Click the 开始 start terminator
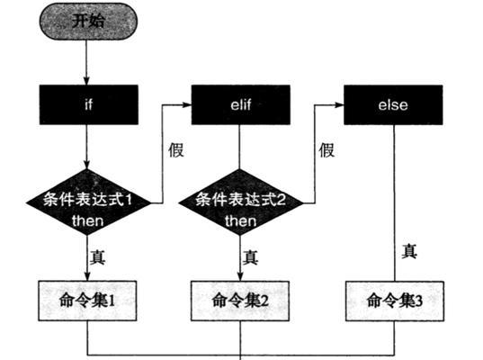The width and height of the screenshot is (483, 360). pyautogui.click(x=88, y=22)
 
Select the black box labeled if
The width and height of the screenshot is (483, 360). pyautogui.click(x=89, y=104)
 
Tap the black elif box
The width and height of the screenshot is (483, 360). pyautogui.click(x=240, y=104)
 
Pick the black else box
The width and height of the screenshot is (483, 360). pyautogui.click(x=393, y=104)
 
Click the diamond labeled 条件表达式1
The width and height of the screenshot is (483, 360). pyautogui.click(x=88, y=202)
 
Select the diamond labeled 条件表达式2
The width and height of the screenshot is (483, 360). pyautogui.click(x=240, y=202)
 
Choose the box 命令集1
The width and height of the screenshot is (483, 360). pyautogui.click(x=87, y=301)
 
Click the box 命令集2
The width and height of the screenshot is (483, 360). pyautogui.click(x=240, y=301)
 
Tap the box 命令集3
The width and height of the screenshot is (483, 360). pyautogui.click(x=395, y=301)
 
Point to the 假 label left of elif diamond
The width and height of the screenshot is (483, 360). pyautogui.click(x=176, y=150)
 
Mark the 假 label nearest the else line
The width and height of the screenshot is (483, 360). pyautogui.click(x=326, y=150)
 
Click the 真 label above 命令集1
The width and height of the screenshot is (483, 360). pyautogui.click(x=98, y=257)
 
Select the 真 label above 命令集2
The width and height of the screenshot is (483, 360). pyautogui.click(x=250, y=257)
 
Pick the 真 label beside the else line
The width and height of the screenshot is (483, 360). pyautogui.click(x=409, y=251)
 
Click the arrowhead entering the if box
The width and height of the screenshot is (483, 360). pyautogui.click(x=86, y=81)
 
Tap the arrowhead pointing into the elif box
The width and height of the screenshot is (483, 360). pyautogui.click(x=187, y=104)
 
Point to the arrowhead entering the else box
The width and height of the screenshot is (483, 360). pyautogui.click(x=339, y=104)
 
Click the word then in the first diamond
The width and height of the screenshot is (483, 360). pyautogui.click(x=88, y=220)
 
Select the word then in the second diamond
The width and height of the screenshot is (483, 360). pyautogui.click(x=240, y=220)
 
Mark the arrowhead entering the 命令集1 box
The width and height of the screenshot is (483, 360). pyautogui.click(x=87, y=276)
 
